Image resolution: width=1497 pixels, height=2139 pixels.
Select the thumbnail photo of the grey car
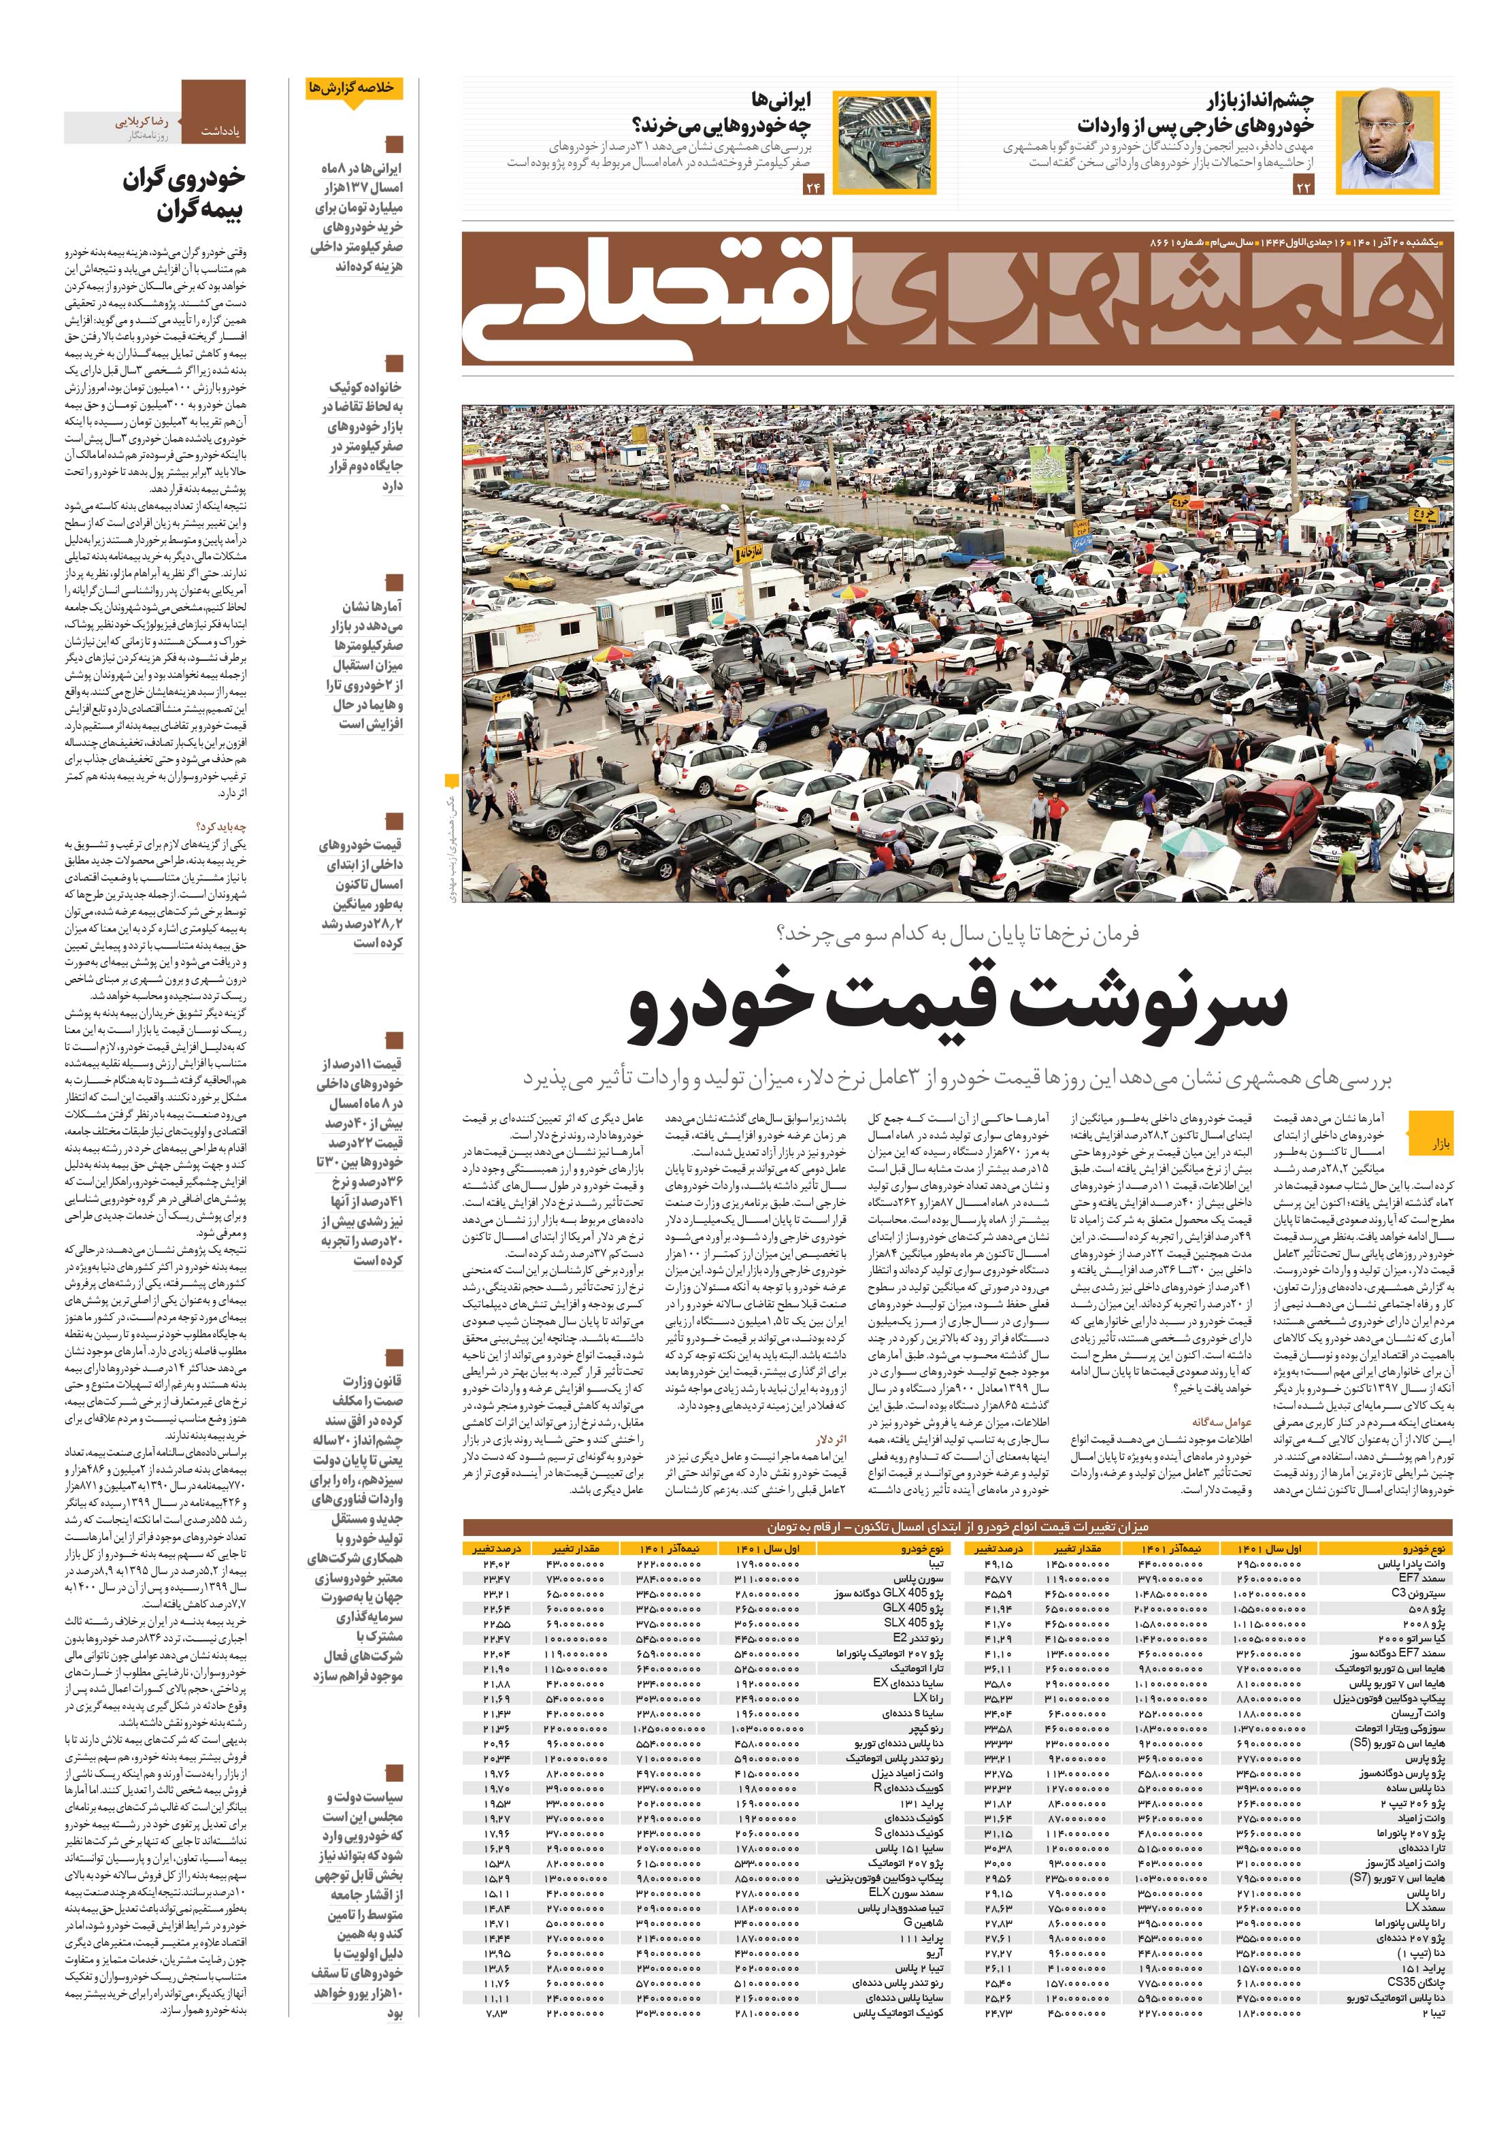pos(881,142)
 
